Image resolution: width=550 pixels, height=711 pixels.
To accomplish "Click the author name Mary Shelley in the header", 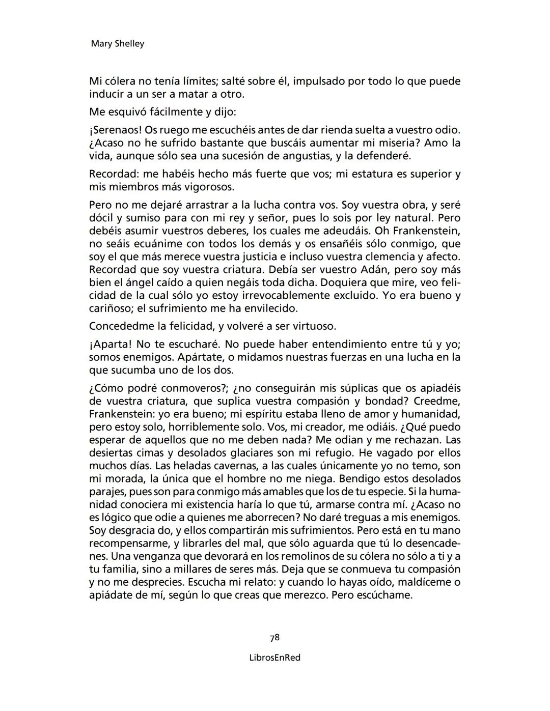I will click(x=117, y=44).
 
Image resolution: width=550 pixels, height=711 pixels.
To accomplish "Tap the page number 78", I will click(x=274, y=638).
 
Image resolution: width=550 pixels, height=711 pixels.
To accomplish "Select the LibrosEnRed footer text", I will click(x=274, y=658).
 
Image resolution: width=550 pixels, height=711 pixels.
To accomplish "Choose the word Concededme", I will click(x=121, y=326).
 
